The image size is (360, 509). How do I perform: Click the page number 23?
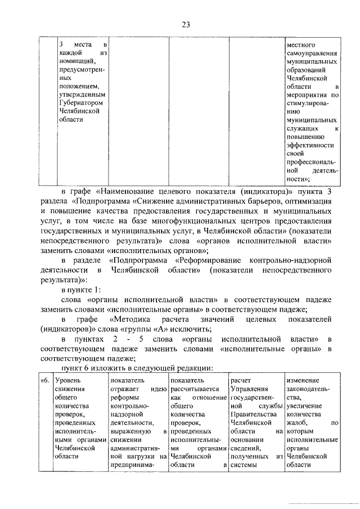186,24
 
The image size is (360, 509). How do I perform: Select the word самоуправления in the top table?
312,52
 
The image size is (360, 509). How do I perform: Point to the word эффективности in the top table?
310,145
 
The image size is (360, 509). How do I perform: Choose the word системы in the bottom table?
244,465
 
